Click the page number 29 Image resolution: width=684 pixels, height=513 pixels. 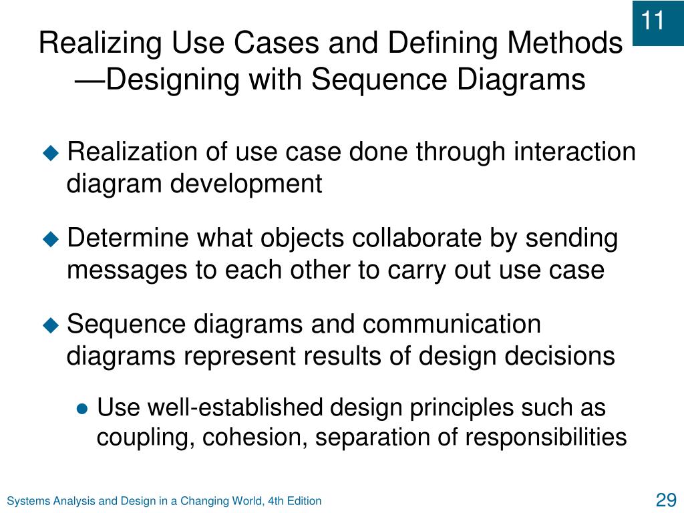(666, 500)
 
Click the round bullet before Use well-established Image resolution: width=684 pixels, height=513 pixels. (82, 409)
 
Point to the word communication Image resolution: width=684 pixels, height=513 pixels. (452, 325)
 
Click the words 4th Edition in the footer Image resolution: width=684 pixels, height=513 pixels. (296, 501)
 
